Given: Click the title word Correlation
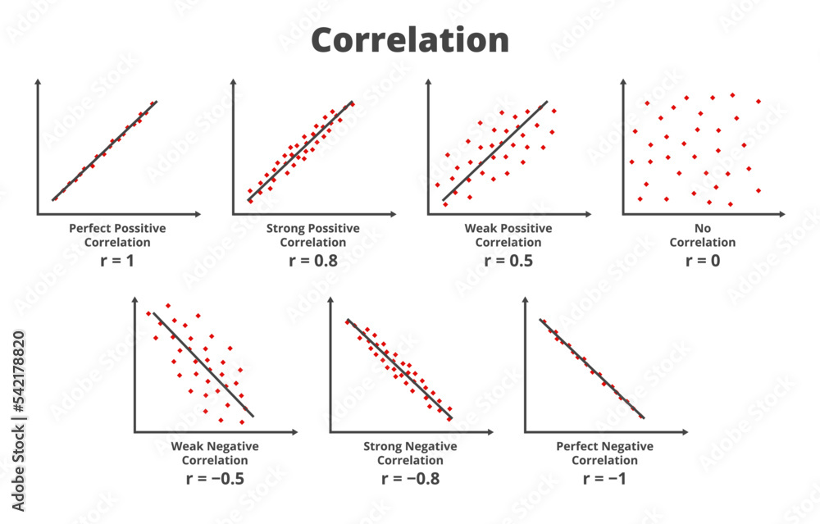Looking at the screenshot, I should tap(410, 39).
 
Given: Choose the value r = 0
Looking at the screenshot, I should tap(702, 262).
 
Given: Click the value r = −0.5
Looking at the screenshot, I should tap(214, 478).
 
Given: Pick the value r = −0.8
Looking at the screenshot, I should tap(410, 478).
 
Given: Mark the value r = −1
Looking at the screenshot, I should tap(604, 478).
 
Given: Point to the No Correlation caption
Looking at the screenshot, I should tap(702, 235).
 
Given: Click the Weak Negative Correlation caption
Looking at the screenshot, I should tap(214, 453).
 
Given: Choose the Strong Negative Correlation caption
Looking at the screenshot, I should tap(410, 453).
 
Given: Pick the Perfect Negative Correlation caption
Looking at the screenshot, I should tap(604, 453).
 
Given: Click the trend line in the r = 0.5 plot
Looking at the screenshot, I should tap(494, 152).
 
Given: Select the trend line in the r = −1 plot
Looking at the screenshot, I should tap(591, 368).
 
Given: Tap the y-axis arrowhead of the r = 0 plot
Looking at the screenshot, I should tap(622, 82).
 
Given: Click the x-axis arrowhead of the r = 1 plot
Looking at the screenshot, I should tap(196, 215).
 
